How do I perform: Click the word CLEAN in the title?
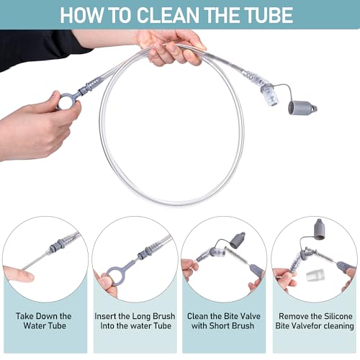[168, 15]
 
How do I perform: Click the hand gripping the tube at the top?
[171, 48]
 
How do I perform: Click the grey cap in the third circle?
[238, 240]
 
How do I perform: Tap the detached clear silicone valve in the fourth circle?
[315, 276]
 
